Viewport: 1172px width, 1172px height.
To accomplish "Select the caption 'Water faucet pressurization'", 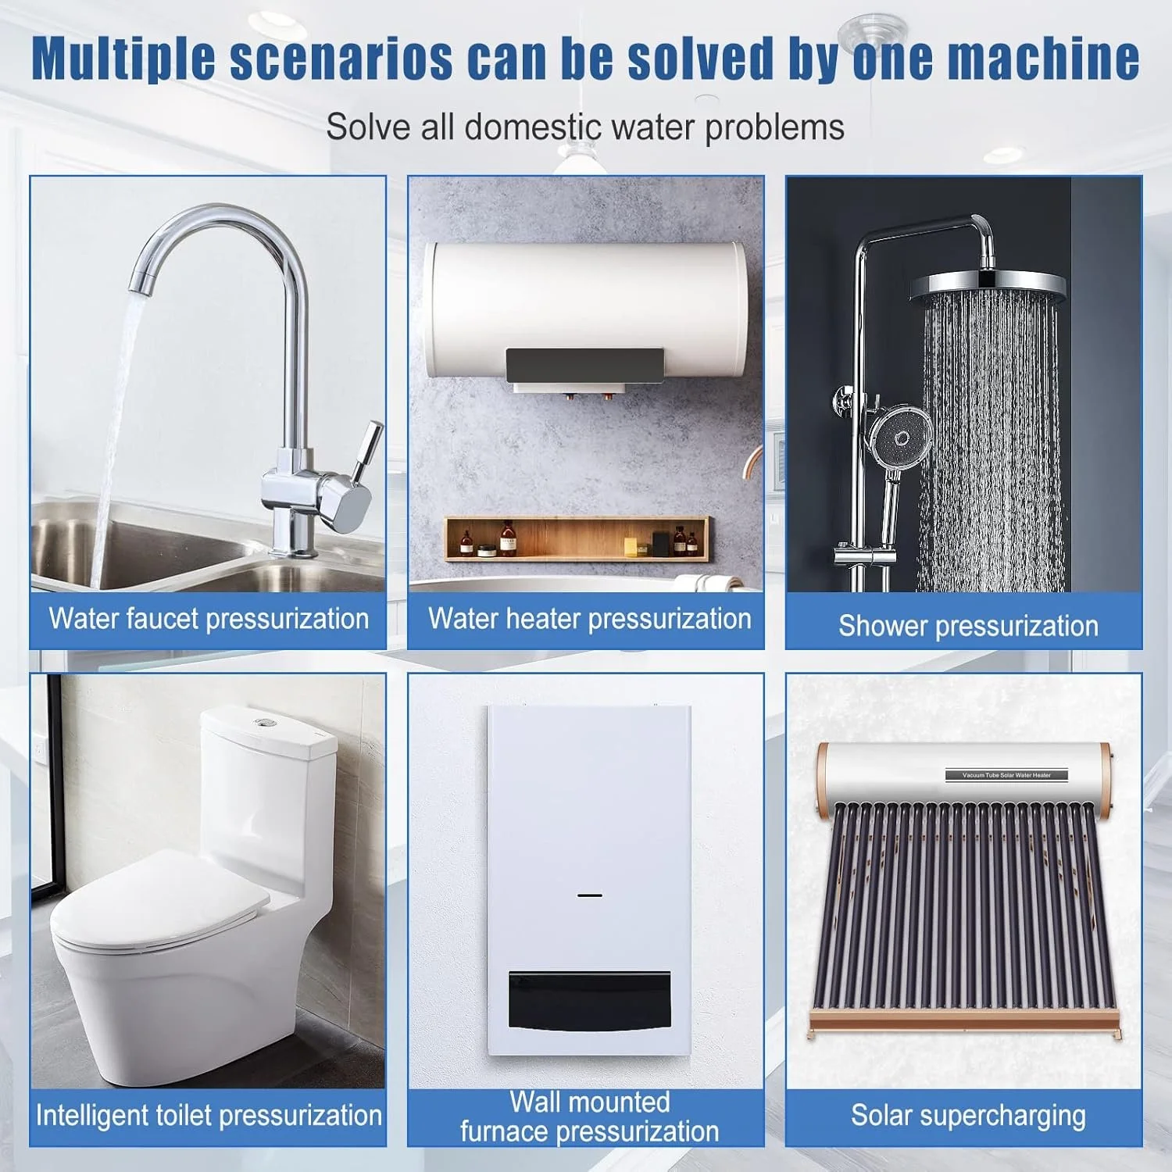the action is (209, 619).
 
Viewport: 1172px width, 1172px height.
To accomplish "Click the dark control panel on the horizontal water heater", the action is (584, 366).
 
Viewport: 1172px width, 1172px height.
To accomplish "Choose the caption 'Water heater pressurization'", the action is (590, 619).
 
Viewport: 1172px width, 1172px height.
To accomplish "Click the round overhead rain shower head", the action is (988, 288).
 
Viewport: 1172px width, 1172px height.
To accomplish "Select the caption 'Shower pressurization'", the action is (968, 626).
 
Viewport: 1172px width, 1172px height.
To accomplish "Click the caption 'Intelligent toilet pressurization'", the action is (209, 1115).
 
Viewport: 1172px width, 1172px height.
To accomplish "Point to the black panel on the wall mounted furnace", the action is (590, 1001).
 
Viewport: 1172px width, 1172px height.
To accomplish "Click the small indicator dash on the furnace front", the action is (590, 895).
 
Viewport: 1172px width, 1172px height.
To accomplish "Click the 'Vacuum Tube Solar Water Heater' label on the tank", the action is (1007, 775).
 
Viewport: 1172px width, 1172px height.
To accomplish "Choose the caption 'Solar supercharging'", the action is (968, 1116).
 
